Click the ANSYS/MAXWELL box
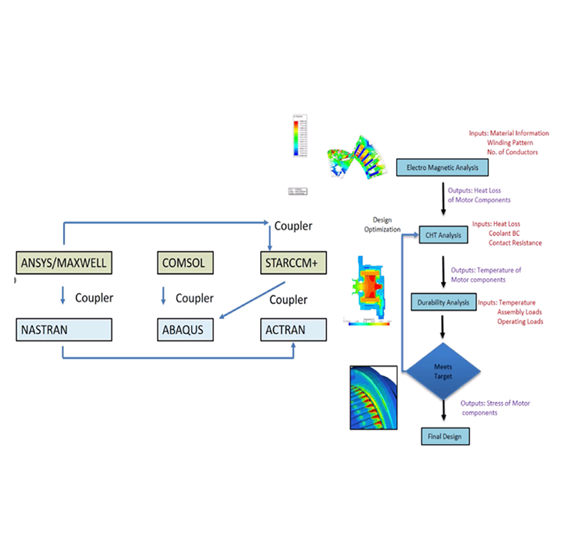click(x=63, y=263)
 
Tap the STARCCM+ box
click(x=293, y=263)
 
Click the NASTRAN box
click(x=63, y=330)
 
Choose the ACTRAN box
click(x=293, y=330)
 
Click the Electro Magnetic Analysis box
click(x=443, y=168)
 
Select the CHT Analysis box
click(x=444, y=235)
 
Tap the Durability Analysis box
click(x=443, y=302)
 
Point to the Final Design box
click(x=445, y=435)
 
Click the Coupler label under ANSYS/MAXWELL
click(x=94, y=298)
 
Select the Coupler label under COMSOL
click(x=194, y=298)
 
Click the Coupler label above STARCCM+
click(x=293, y=226)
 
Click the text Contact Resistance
click(x=515, y=243)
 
